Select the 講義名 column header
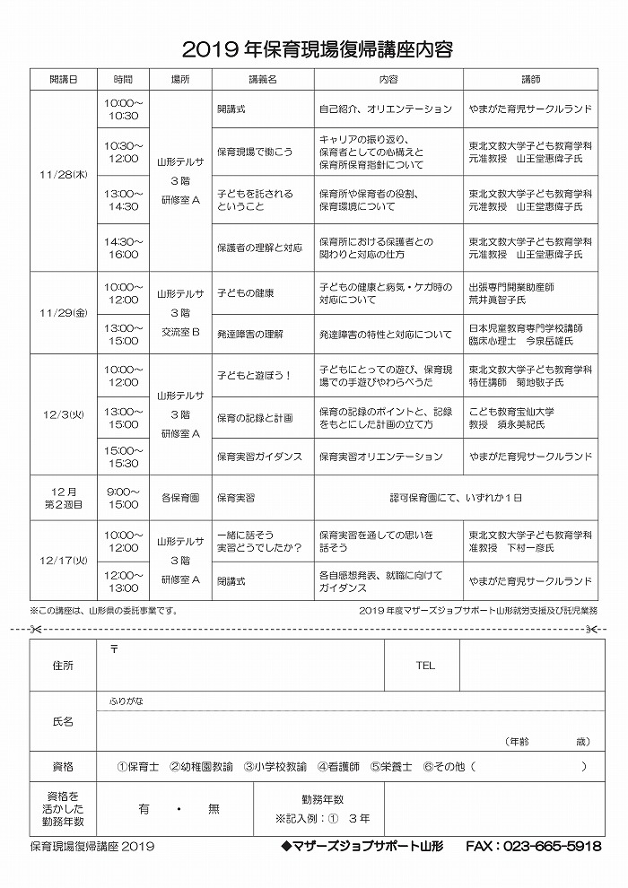pos(263,79)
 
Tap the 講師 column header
pos(530,79)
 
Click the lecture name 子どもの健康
pos(246,293)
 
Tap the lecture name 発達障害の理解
pos(250,335)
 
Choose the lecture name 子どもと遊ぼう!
pos(255,375)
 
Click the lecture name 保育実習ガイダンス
pos(259,457)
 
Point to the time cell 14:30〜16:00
pos(122,248)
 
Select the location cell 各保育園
pos(179,497)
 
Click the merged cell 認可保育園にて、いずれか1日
pos(455,497)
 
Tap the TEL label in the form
pos(424,666)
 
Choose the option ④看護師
pos(338,767)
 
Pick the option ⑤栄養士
pos(391,767)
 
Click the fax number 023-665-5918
pos(552,846)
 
